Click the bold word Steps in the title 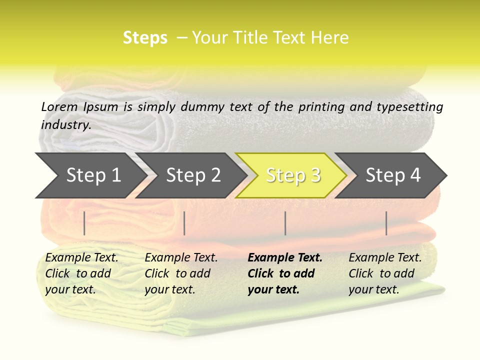pyautogui.click(x=145, y=38)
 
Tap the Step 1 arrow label pyautogui.click(x=93, y=175)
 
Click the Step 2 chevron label pyautogui.click(x=193, y=175)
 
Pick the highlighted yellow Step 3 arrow pyautogui.click(x=293, y=175)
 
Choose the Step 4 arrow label pyautogui.click(x=393, y=175)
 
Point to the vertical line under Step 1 pyautogui.click(x=84, y=223)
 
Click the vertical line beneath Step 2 pyautogui.click(x=184, y=223)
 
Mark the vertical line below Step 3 pyautogui.click(x=285, y=223)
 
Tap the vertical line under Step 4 pyautogui.click(x=386, y=223)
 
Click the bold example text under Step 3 pyautogui.click(x=285, y=273)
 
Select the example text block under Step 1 pyautogui.click(x=81, y=273)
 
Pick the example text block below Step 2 pyautogui.click(x=181, y=273)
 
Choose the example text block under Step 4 pyautogui.click(x=385, y=273)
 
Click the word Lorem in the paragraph pyautogui.click(x=59, y=107)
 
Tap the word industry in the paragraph pyautogui.click(x=65, y=124)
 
